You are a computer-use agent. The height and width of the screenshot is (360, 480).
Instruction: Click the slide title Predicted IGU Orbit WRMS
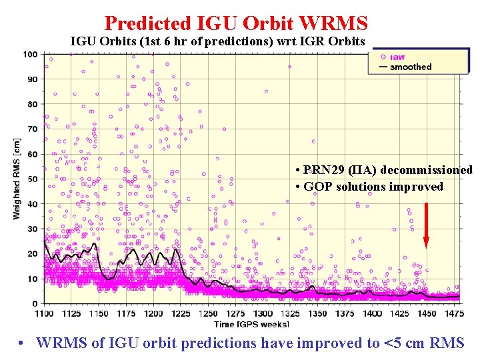click(236, 23)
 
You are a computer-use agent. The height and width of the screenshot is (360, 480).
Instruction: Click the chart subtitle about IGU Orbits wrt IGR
click(218, 41)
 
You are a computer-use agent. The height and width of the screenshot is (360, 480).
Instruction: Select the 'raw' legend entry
click(397, 57)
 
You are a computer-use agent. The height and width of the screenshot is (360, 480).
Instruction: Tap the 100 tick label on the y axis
click(31, 54)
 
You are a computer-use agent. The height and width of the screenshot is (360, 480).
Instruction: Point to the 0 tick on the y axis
click(35, 304)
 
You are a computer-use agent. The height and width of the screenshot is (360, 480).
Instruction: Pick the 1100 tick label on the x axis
click(43, 313)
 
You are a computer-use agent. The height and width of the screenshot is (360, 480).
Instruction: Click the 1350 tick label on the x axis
click(317, 313)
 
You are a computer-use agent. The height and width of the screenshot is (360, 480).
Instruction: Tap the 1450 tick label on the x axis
click(427, 313)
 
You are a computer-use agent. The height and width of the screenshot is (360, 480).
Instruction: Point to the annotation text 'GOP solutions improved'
click(373, 187)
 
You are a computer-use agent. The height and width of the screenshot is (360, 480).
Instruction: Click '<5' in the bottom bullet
click(393, 343)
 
